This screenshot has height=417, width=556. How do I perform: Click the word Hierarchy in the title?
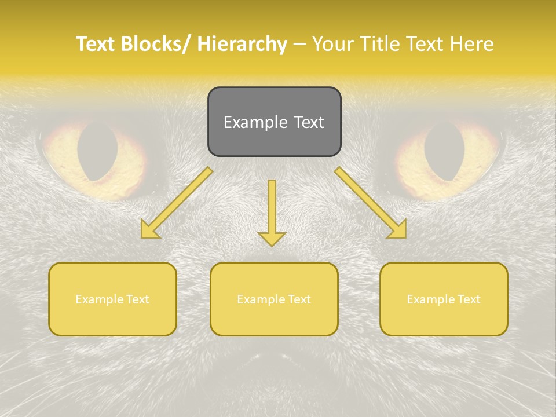coord(242,45)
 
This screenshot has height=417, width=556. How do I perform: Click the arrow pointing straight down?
coord(272,209)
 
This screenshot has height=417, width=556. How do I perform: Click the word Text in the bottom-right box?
coord(468,299)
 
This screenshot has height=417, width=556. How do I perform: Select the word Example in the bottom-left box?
coord(99,299)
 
